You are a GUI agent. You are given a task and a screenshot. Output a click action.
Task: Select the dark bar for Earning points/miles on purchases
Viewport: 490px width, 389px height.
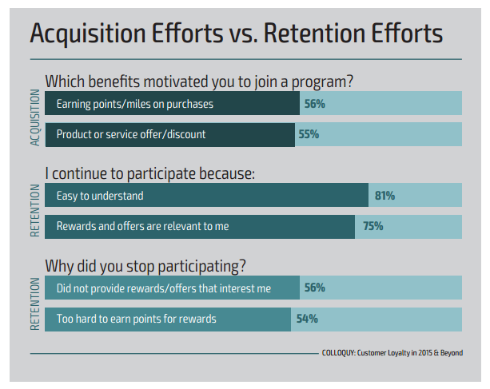click(x=172, y=104)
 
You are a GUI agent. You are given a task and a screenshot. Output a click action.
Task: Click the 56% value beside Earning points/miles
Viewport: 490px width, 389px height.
click(x=314, y=104)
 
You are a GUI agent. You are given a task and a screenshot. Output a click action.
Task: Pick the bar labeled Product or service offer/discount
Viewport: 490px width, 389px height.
click(x=169, y=134)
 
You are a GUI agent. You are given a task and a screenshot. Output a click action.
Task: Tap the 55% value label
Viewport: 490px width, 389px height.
click(x=309, y=134)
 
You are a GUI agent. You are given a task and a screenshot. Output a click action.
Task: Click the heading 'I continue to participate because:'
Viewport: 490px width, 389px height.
click(x=149, y=173)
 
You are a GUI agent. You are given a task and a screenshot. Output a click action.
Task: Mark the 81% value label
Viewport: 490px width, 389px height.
click(x=384, y=196)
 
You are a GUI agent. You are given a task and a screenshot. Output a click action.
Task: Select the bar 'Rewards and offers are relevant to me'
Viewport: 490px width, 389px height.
click(x=200, y=226)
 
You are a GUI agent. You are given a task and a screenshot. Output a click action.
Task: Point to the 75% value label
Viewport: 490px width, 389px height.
click(x=372, y=226)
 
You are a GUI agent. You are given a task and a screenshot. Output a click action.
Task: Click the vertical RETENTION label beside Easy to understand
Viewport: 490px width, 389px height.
click(x=34, y=210)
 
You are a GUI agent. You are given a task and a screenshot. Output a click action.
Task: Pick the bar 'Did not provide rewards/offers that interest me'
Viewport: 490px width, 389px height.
click(x=172, y=288)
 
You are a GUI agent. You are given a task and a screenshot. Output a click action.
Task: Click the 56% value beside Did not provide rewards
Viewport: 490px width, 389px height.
click(x=314, y=288)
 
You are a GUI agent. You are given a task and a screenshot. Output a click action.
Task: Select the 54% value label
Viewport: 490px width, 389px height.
click(x=307, y=319)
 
